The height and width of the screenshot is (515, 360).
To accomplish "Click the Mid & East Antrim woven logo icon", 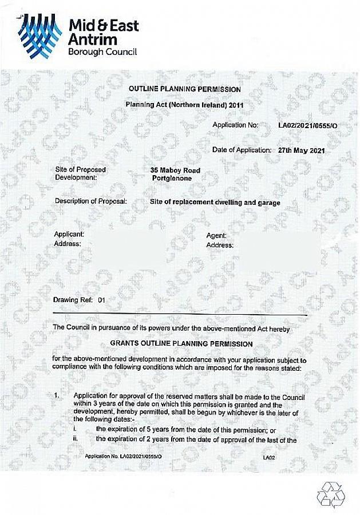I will point(41,35).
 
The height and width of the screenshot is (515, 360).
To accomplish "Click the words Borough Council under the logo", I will point(102,51).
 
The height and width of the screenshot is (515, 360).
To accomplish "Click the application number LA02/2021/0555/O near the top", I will point(308,125).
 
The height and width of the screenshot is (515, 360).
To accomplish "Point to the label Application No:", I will point(235,125).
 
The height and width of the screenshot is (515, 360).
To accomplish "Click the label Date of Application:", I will point(241,150).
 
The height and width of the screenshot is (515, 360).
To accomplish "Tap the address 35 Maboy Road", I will point(175,170).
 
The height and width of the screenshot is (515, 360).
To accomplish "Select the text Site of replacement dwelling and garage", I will point(215,202).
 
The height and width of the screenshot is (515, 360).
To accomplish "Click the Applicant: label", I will point(69,235).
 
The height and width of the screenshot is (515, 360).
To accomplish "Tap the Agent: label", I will point(216,236).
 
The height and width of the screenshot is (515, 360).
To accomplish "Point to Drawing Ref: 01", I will point(80,299).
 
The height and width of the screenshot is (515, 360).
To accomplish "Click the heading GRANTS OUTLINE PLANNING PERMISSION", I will point(181,344).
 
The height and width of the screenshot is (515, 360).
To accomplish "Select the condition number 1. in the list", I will point(57,396).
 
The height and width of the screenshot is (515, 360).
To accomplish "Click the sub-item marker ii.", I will point(76,439).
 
